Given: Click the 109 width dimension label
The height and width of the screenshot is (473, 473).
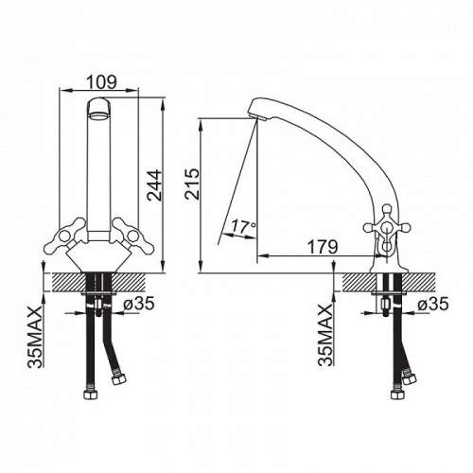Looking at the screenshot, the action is pyautogui.click(x=101, y=82).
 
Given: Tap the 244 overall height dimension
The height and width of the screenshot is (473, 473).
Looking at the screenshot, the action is pyautogui.click(x=155, y=185).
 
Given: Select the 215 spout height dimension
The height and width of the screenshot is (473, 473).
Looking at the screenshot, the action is pyautogui.click(x=192, y=184).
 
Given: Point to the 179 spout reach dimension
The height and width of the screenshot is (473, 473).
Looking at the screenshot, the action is pyautogui.click(x=323, y=247).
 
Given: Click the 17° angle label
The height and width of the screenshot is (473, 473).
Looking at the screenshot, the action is pyautogui.click(x=243, y=226).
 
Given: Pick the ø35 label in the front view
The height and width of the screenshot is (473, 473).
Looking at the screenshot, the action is pyautogui.click(x=139, y=304).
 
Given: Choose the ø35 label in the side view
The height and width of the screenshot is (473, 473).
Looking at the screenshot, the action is pyautogui.click(x=432, y=305).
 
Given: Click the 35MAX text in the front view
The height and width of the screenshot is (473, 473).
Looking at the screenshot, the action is pyautogui.click(x=35, y=337).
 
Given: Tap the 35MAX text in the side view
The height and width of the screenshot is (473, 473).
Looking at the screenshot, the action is pyautogui.click(x=325, y=335).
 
